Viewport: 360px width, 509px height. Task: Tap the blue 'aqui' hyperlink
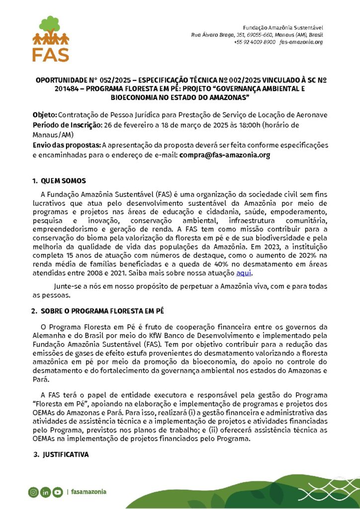(244, 273)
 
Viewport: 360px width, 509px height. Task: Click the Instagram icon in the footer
(33, 492)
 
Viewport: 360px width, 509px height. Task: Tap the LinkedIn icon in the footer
(45, 492)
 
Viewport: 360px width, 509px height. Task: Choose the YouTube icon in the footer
(58, 492)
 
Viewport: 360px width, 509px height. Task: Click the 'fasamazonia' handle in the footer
(89, 492)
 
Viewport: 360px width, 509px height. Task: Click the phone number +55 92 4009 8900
(254, 42)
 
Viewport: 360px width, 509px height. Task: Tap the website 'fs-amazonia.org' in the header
(301, 42)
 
